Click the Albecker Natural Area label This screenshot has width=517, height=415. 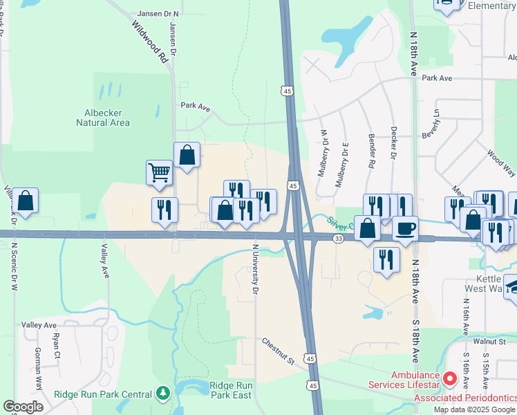click(x=103, y=118)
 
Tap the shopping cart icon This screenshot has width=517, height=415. click(x=159, y=172)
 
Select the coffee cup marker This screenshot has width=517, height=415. click(x=406, y=227)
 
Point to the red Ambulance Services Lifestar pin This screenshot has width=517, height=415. click(x=450, y=378)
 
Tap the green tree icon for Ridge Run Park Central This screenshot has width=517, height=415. click(x=163, y=394)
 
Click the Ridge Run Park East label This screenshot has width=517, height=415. click(x=231, y=390)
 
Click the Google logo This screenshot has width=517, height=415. click(x=23, y=407)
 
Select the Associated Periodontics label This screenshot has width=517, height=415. click(x=464, y=398)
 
